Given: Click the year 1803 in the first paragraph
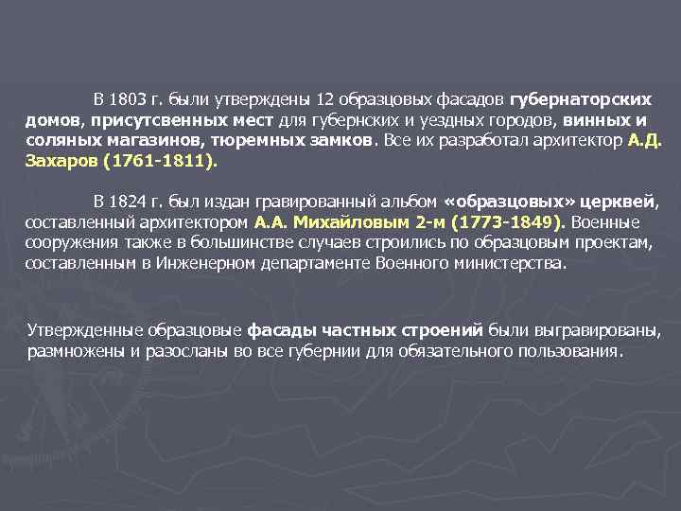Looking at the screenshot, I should point(127,100).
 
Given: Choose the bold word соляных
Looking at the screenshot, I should point(64,141).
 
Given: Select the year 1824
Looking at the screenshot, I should point(127,202).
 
